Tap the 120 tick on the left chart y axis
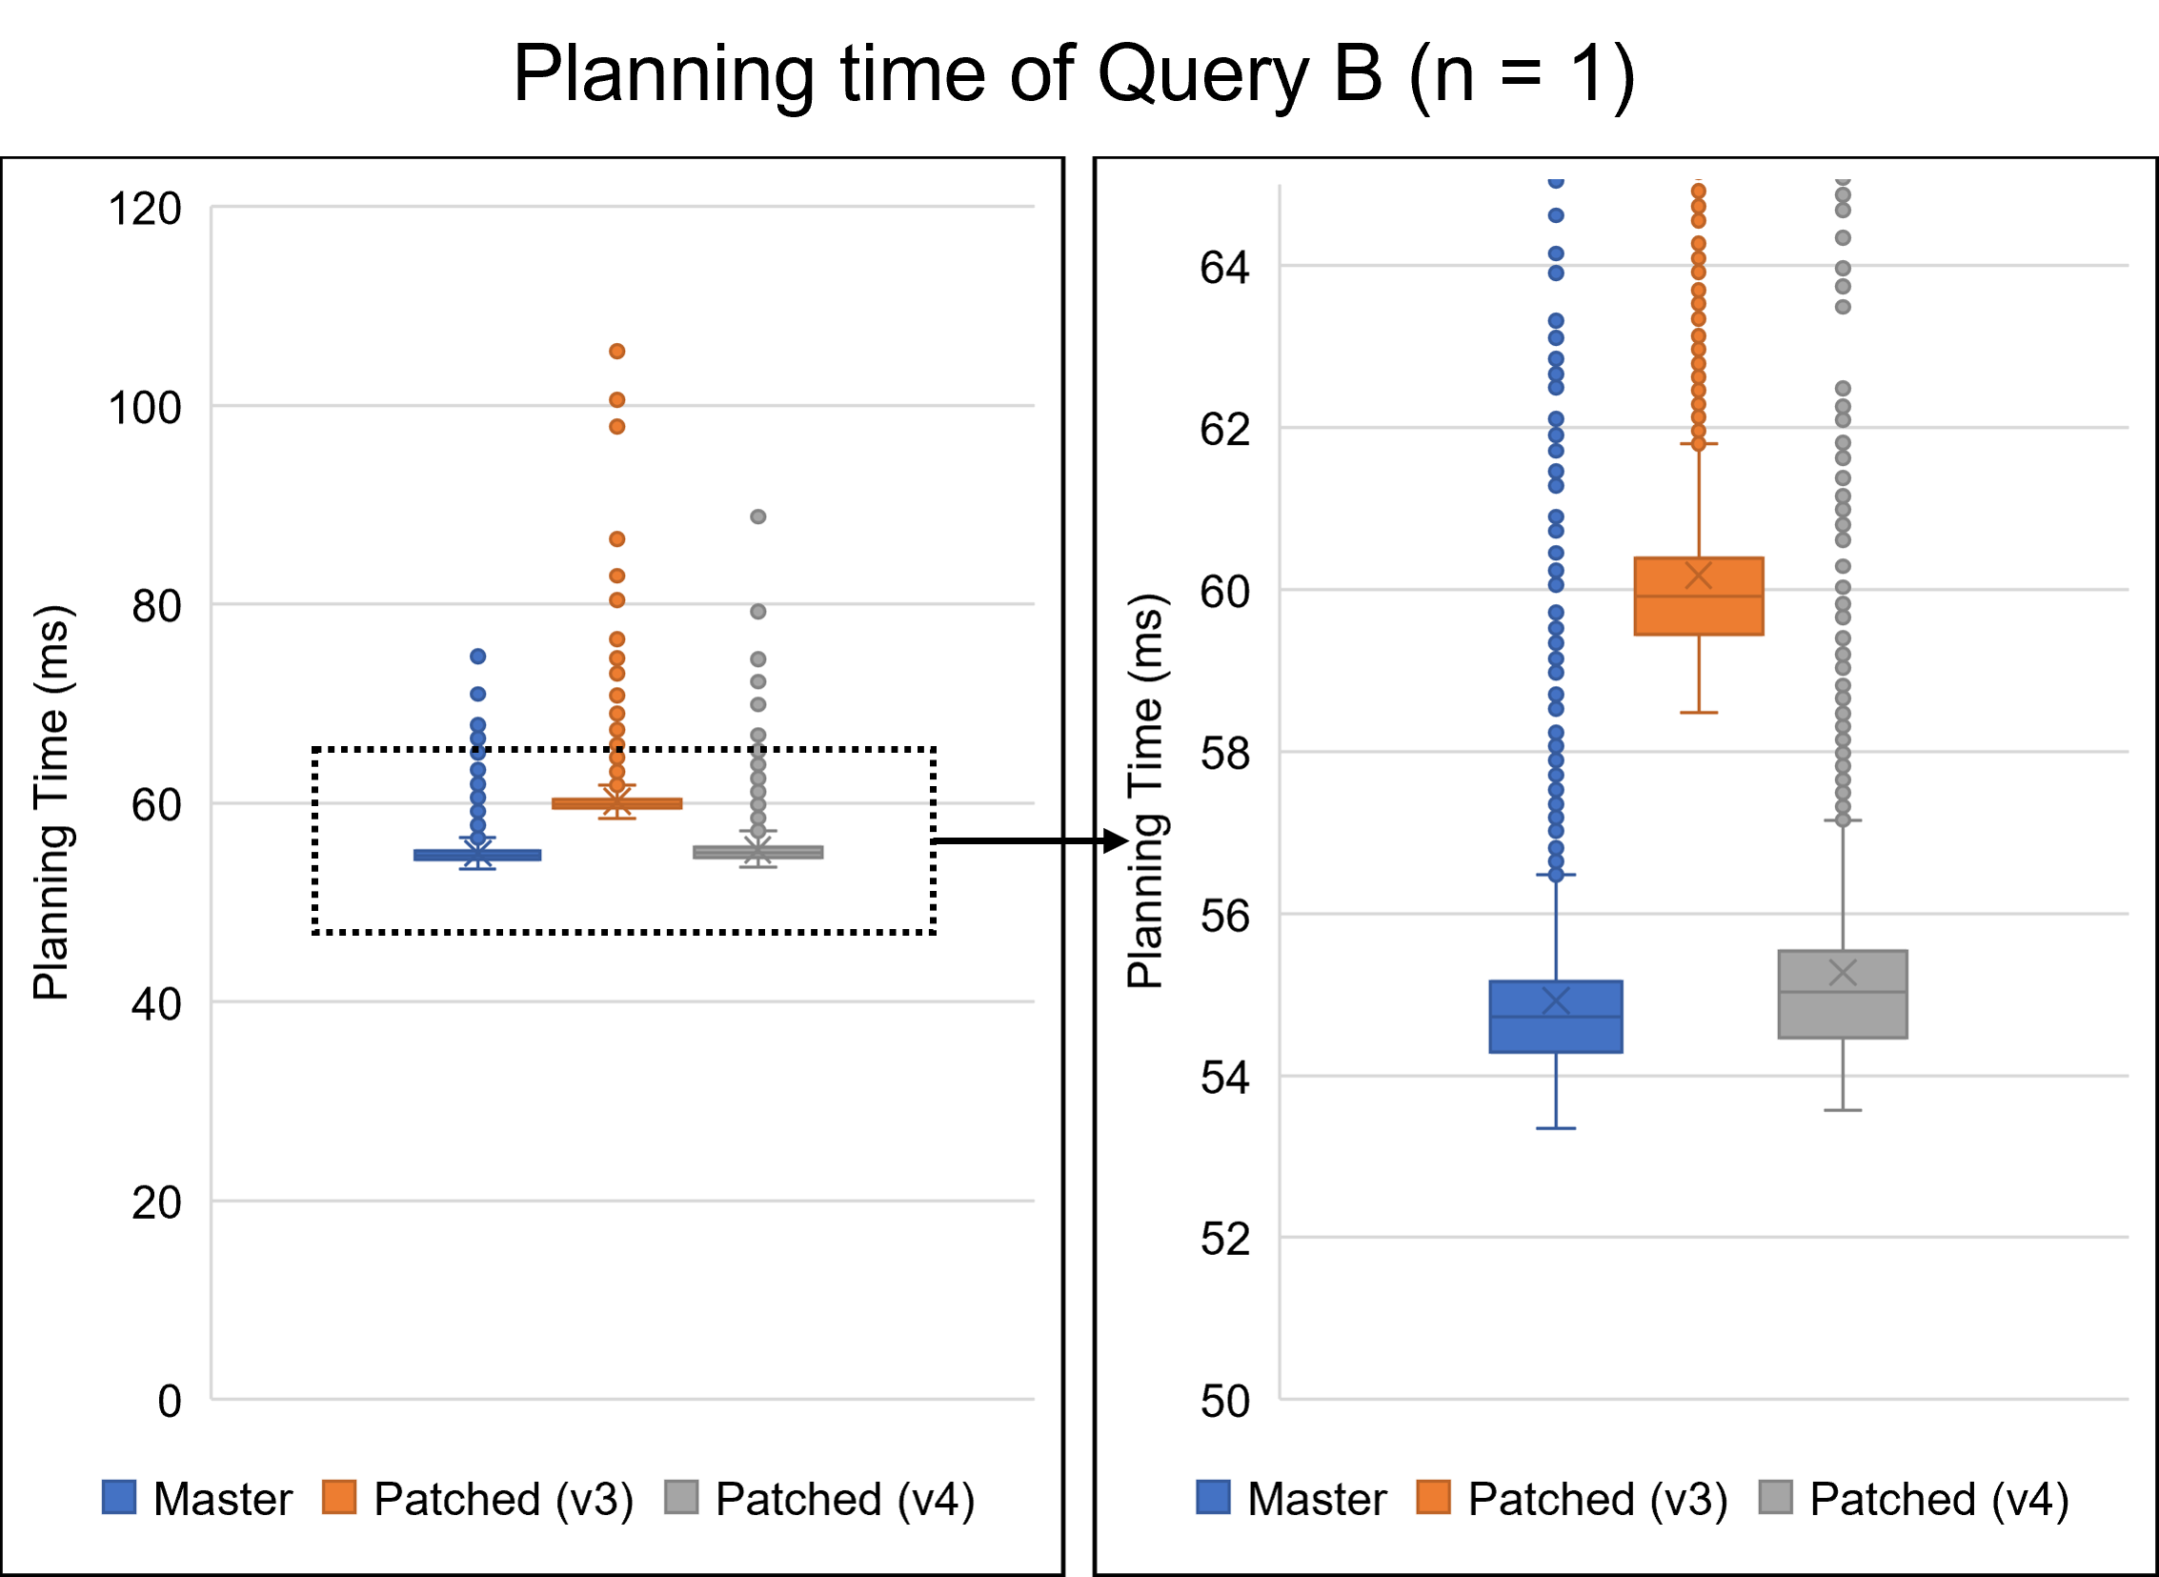[x=144, y=209]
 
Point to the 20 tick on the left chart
[x=155, y=1203]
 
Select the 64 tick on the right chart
[x=1224, y=268]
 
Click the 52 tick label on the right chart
[x=1224, y=1240]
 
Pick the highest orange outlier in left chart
[x=617, y=352]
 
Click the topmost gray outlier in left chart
[x=757, y=516]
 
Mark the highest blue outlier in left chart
[x=478, y=656]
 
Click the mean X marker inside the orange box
[x=1699, y=576]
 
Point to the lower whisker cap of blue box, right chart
[x=1556, y=1128]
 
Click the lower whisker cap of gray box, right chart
[x=1842, y=1110]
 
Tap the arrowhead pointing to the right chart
[x=1116, y=841]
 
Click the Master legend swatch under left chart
[x=119, y=1498]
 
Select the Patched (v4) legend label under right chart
[x=1939, y=1500]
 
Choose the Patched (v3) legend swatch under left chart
[x=340, y=1498]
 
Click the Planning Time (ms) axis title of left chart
[x=52, y=802]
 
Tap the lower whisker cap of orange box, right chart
[x=1699, y=712]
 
